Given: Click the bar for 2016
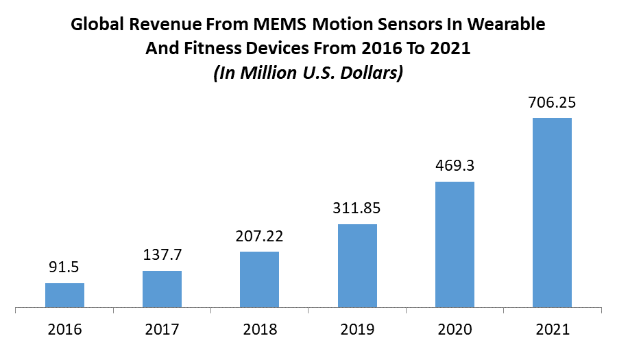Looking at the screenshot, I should tap(64, 295).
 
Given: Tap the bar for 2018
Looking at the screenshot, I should tap(259, 279).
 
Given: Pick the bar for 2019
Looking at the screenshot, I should tap(357, 265).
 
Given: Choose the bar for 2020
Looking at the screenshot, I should tap(455, 244).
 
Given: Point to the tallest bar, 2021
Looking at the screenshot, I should tap(552, 212).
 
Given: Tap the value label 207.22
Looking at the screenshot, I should tap(259, 237).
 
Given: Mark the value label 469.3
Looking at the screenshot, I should tap(455, 167).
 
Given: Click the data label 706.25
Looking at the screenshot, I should tap(552, 103).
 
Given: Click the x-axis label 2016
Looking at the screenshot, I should tap(64, 329).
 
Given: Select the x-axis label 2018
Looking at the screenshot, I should tap(259, 329).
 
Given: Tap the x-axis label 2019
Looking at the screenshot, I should tap(357, 329).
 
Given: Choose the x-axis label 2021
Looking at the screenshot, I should tap(552, 329).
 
